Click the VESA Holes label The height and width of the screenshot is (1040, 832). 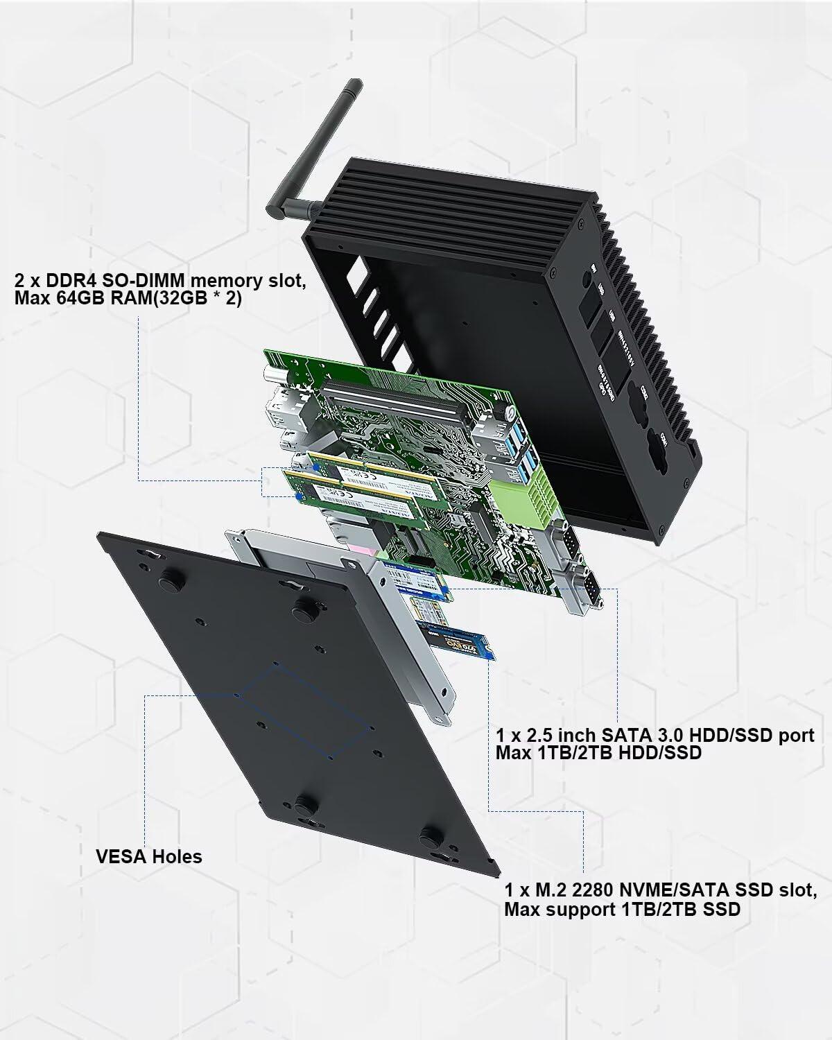(x=148, y=856)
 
